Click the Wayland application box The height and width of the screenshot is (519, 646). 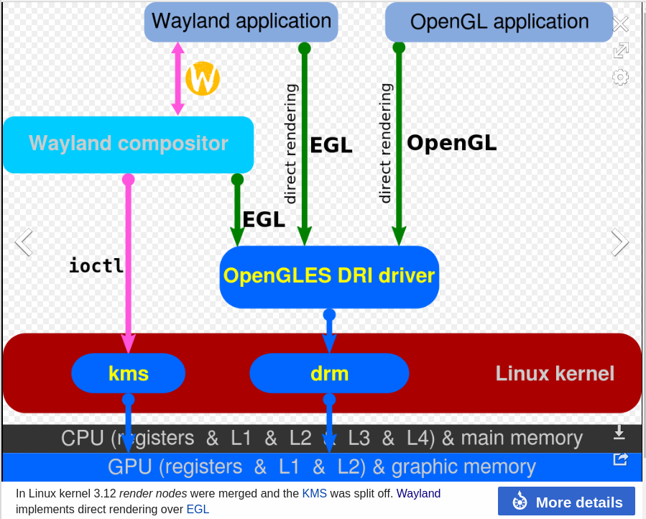(241, 21)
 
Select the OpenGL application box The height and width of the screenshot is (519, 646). (499, 22)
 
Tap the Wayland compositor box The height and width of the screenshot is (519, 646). (128, 144)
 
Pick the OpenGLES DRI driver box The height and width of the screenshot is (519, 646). (329, 276)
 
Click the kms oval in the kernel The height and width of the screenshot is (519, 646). (128, 373)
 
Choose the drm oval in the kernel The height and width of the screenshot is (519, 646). (329, 373)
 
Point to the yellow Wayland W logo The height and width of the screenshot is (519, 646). (202, 78)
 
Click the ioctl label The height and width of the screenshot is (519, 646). (96, 265)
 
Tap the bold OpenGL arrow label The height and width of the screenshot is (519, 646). (451, 143)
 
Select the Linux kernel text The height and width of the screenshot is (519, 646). (555, 373)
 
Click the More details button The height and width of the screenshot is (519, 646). (566, 502)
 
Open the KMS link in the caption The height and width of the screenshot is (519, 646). (314, 494)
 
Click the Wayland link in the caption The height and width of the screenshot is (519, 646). (418, 494)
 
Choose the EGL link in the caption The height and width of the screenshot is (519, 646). (198, 510)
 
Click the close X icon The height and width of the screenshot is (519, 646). (620, 24)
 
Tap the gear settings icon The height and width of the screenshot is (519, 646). (620, 77)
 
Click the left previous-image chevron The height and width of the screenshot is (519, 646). (24, 242)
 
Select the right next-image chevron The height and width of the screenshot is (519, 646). (619, 242)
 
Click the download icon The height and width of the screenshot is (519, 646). (619, 432)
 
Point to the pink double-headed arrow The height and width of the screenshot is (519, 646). (178, 79)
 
